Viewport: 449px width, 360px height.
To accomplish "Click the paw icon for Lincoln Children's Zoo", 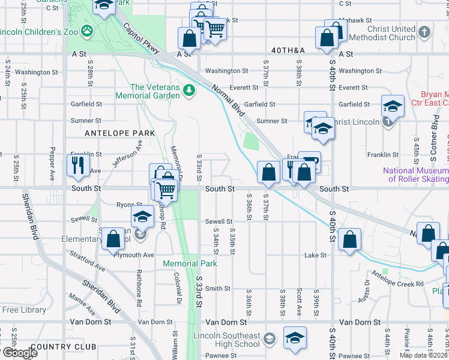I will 88,29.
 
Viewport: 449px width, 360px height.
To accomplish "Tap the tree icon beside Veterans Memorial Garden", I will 190,90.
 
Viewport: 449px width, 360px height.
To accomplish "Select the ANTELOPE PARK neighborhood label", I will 119,133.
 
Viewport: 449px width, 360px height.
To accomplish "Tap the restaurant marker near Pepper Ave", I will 78,164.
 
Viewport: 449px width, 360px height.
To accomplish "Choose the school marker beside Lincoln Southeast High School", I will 295,338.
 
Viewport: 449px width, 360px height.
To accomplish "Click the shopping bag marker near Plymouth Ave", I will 113,239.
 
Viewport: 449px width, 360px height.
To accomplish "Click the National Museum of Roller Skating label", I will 415,175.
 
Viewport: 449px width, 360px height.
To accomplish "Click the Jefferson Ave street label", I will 127,154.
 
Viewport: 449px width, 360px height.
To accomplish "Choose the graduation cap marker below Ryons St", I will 142,217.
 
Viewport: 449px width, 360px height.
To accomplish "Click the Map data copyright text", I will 423,355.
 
